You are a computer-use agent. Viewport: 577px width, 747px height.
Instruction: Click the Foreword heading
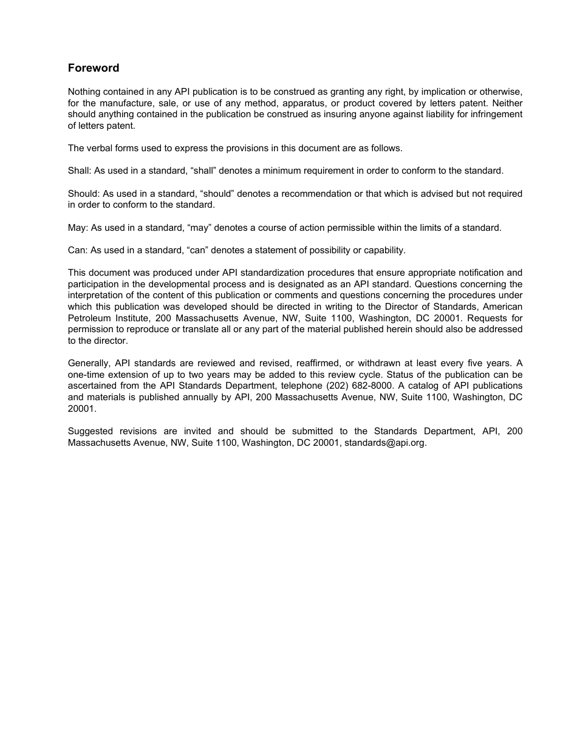tap(94, 68)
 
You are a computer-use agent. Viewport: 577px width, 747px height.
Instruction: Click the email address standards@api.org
tap(384, 443)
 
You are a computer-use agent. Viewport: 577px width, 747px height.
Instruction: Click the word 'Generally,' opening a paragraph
tap(89, 363)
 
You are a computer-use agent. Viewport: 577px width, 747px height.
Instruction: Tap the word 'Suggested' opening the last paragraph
tap(89, 431)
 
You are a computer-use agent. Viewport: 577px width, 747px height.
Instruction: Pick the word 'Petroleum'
tap(87, 318)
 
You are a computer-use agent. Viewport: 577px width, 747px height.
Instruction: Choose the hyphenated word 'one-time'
tap(86, 375)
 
